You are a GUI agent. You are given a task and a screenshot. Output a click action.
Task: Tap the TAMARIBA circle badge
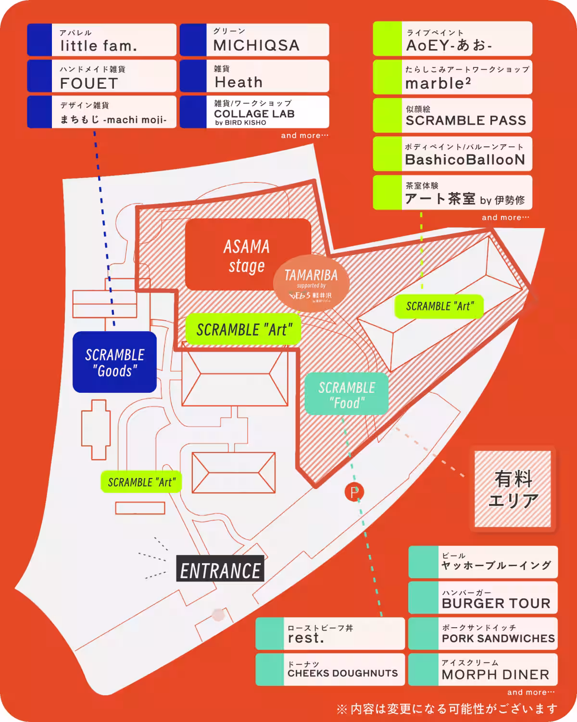311,284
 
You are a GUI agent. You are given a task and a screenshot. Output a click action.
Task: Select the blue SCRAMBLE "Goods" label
114,362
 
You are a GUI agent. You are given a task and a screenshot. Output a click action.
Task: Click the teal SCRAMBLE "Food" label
346,394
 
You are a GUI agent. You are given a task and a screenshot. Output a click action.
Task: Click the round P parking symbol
354,492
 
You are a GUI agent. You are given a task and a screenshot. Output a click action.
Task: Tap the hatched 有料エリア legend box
513,489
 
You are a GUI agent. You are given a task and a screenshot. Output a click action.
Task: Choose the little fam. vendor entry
102,40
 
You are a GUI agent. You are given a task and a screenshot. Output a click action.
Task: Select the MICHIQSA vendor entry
255,40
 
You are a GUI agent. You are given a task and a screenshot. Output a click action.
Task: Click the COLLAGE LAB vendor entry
255,112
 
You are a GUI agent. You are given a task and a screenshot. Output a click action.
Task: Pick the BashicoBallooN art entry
453,154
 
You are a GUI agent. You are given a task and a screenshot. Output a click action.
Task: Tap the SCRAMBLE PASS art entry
453,116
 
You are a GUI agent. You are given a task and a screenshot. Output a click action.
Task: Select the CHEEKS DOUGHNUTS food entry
330,669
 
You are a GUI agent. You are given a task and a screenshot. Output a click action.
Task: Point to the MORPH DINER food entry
483,669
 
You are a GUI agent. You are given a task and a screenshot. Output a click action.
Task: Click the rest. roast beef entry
330,633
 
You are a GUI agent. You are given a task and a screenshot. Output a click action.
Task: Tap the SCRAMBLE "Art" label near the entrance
141,482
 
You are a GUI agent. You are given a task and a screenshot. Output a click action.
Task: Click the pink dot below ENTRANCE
219,615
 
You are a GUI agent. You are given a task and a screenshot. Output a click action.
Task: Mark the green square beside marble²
388,77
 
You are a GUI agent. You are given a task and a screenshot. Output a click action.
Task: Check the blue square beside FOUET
39,76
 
